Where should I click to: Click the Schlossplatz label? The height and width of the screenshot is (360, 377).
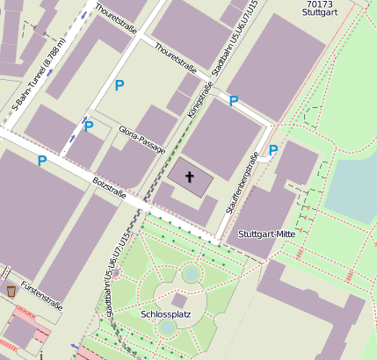pyautogui.click(x=166, y=313)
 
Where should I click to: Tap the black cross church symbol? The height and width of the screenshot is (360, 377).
pyautogui.click(x=189, y=176)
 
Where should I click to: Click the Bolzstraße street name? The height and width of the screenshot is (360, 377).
pyautogui.click(x=109, y=187)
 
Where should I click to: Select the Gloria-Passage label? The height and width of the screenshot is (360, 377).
pyautogui.click(x=141, y=140)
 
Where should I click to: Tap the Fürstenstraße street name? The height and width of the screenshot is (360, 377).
pyautogui.click(x=41, y=297)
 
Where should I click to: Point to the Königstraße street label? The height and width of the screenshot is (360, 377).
pyautogui.click(x=202, y=98)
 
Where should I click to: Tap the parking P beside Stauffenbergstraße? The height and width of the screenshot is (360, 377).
pyautogui.click(x=272, y=150)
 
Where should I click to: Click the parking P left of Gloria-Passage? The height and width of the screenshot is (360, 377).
pyautogui.click(x=88, y=127)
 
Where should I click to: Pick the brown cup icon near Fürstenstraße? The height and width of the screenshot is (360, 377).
pyautogui.click(x=11, y=290)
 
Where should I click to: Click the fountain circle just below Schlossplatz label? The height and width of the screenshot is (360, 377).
pyautogui.click(x=167, y=328)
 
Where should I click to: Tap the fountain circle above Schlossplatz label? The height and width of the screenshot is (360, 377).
pyautogui.click(x=191, y=275)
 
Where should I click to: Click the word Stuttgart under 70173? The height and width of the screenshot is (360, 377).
pyautogui.click(x=319, y=14)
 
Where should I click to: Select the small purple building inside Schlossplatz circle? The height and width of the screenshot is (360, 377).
pyautogui.click(x=179, y=300)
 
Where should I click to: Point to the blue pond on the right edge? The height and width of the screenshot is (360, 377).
pyautogui.click(x=356, y=189)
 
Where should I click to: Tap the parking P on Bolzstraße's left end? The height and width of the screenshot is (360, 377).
pyautogui.click(x=41, y=161)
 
